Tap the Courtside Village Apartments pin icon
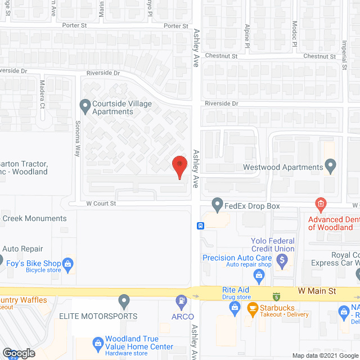(85, 105)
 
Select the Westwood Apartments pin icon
(331, 166)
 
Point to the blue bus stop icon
(200, 226)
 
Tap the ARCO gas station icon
(182, 301)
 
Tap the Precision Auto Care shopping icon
(259, 274)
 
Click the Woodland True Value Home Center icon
(98, 341)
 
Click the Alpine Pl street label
(247, 36)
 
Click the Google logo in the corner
(19, 353)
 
